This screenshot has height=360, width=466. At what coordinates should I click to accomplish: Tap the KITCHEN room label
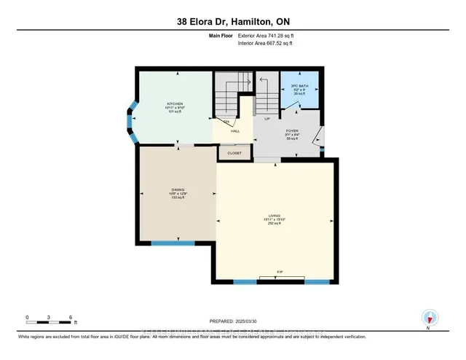(x=174, y=103)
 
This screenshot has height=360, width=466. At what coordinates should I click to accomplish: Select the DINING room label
(x=174, y=190)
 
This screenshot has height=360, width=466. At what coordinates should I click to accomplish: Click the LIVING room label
(x=274, y=216)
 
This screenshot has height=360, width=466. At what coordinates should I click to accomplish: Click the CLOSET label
(x=234, y=154)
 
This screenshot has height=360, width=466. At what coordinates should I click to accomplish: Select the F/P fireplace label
(x=279, y=275)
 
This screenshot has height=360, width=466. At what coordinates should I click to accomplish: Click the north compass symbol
(x=430, y=318)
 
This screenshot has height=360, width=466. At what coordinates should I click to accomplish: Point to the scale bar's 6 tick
(x=69, y=318)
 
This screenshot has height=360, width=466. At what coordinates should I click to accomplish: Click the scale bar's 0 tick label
(x=27, y=318)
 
